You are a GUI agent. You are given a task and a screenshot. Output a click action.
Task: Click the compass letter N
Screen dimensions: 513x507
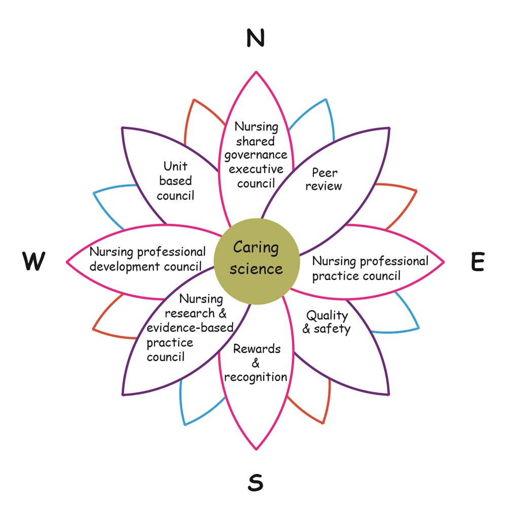pos(256,38)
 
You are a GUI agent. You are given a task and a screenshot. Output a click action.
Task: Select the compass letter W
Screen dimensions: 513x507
pos(33,262)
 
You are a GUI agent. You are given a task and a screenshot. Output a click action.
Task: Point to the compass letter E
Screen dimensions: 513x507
pos(477,262)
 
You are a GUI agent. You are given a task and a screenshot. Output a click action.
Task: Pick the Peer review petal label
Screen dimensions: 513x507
pos(324,179)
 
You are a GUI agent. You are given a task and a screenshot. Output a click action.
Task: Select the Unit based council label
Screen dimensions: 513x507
pos(175,181)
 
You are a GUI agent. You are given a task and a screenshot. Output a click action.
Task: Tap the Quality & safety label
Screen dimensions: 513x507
pos(327,322)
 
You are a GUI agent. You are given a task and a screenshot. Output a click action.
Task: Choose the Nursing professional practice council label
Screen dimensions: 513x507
pos(370,268)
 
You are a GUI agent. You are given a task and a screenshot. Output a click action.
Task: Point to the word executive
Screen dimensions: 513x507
pos(256,169)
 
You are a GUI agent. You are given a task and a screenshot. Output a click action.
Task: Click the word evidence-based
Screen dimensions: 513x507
pos(190,328)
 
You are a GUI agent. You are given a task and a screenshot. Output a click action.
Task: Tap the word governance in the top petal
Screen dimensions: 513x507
pos(256,155)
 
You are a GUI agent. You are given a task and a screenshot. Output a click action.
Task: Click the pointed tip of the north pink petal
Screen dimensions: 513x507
pos(256,72)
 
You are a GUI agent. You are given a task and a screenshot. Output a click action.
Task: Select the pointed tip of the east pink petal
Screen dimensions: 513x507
pos(444,262)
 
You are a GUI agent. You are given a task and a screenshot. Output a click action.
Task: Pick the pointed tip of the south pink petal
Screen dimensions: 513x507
pos(256,449)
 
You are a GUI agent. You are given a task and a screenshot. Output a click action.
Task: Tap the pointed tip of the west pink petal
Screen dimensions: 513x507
pos(67,262)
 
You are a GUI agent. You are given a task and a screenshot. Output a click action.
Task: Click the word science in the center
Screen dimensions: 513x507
pos(256,269)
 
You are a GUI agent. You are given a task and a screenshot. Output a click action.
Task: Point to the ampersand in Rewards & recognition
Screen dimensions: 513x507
pos(256,363)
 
